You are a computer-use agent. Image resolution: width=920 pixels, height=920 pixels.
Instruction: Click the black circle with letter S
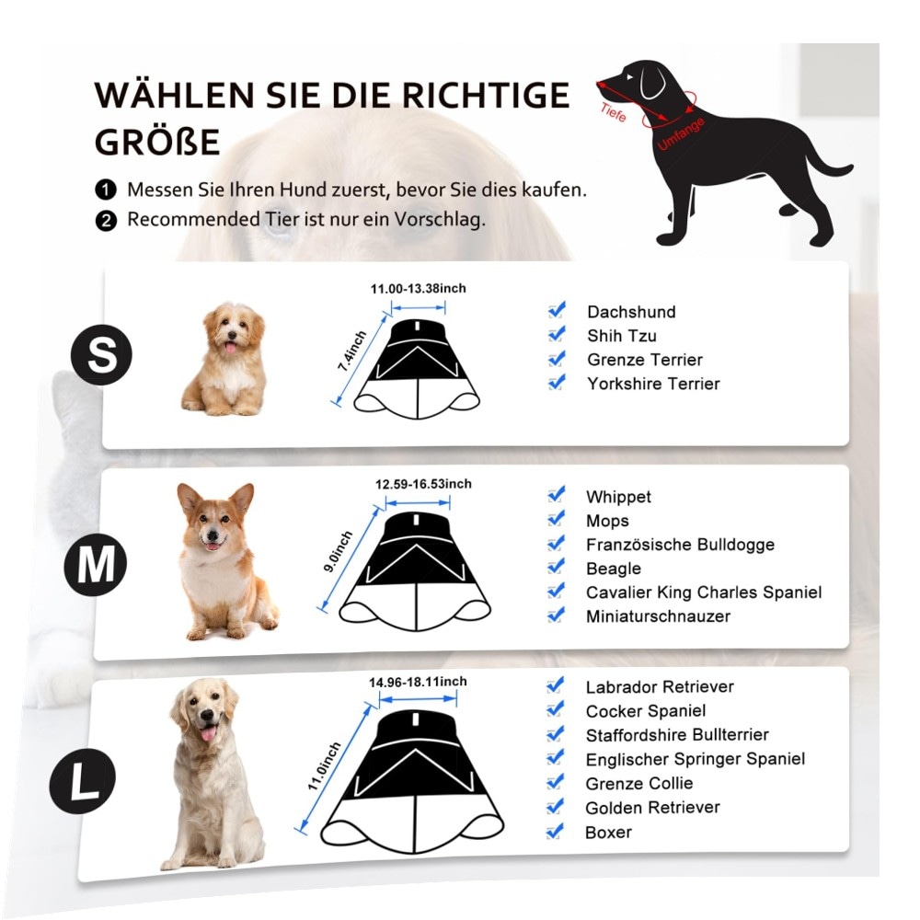(x=101, y=354)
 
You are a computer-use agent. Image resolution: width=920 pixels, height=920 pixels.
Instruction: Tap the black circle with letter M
(x=96, y=565)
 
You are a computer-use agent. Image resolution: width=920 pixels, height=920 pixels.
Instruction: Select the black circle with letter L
(x=83, y=781)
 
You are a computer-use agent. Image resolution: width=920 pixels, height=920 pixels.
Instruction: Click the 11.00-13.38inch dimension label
(x=418, y=288)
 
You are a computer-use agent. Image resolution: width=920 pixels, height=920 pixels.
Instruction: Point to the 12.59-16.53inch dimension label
(x=423, y=484)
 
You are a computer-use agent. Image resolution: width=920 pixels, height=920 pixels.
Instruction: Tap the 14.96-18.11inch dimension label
(x=418, y=682)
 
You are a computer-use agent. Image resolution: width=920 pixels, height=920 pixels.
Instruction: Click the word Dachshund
(x=631, y=312)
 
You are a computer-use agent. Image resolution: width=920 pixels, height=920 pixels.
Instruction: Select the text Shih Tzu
(x=622, y=336)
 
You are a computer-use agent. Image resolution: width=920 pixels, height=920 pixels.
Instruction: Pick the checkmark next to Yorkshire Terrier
(x=557, y=383)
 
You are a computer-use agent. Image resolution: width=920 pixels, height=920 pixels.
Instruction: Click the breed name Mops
(x=607, y=521)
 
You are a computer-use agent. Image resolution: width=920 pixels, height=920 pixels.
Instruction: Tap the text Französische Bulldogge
(x=680, y=545)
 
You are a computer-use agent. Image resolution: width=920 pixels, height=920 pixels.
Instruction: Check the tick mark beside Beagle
(x=556, y=568)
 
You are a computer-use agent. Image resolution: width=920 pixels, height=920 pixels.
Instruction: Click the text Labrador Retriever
(x=660, y=686)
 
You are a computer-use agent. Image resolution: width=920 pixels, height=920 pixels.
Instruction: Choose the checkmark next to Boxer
(x=555, y=832)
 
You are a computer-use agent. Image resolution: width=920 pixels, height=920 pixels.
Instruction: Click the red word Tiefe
(x=613, y=112)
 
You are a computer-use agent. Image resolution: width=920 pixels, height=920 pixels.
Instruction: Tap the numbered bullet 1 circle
(x=106, y=190)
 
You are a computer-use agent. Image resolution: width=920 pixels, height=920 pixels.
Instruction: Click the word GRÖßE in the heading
(x=157, y=142)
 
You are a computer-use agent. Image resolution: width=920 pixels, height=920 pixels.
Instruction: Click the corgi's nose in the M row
(x=212, y=535)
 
